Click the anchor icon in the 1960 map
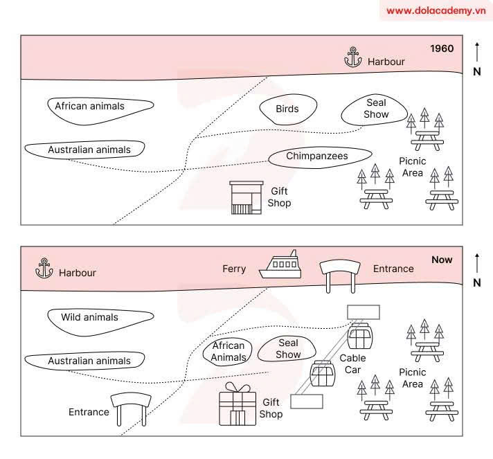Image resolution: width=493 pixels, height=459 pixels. (x=353, y=58)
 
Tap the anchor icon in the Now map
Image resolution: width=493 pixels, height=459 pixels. (x=44, y=269)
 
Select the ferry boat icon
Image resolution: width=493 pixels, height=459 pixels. (x=280, y=266)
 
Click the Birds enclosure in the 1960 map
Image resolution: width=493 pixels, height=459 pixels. (x=288, y=109)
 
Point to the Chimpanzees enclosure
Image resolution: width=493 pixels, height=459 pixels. (x=317, y=156)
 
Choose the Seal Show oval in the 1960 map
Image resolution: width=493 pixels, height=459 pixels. (x=376, y=109)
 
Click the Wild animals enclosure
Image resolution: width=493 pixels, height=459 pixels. (x=100, y=318)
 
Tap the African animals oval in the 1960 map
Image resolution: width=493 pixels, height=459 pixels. (x=100, y=107)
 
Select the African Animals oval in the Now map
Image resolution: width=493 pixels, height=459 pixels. (x=228, y=352)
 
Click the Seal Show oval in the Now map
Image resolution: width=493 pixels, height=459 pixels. (x=288, y=348)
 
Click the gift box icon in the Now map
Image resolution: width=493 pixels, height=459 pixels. (x=237, y=405)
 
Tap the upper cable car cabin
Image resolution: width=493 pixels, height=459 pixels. (x=360, y=337)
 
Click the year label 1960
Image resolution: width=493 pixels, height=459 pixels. (x=442, y=49)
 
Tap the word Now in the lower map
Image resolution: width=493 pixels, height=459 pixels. (x=442, y=260)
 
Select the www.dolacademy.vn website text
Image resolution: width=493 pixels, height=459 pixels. (x=434, y=10)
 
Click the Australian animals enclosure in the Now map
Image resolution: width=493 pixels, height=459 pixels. (x=86, y=361)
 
